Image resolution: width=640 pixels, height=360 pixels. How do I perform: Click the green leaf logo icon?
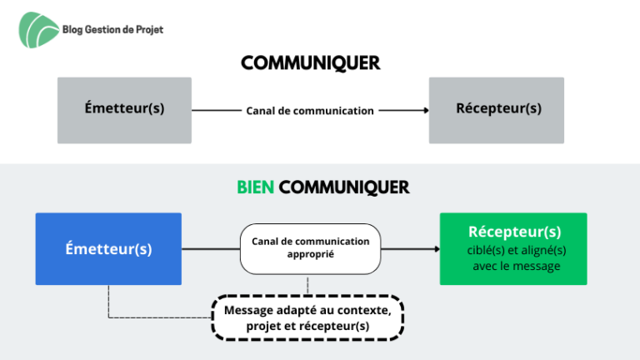tap(38, 30)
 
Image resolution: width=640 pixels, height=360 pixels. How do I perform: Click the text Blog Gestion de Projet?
tap(112, 29)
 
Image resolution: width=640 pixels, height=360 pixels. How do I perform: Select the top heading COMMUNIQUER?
tap(311, 63)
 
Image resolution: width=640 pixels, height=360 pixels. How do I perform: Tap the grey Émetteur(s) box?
tap(124, 110)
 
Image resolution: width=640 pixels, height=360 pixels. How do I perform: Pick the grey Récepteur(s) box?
tap(497, 110)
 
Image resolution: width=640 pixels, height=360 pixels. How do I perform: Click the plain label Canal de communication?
tap(310, 111)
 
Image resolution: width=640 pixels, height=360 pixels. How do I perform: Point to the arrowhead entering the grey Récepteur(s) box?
tap(426, 110)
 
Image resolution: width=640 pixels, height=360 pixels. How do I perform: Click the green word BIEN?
tap(256, 187)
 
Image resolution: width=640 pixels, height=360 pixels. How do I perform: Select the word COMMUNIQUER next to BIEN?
tap(344, 187)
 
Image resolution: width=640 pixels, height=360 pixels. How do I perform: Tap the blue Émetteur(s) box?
tap(108, 248)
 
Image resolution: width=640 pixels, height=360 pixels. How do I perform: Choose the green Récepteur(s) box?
tap(513, 248)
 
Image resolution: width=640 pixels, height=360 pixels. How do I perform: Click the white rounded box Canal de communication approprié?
tap(311, 248)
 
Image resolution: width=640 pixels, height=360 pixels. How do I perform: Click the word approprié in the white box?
tap(311, 254)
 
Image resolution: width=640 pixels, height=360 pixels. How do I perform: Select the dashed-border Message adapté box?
tap(307, 317)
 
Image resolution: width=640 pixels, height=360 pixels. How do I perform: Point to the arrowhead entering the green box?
tap(437, 248)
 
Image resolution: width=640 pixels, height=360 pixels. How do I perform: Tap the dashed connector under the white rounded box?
tap(307, 284)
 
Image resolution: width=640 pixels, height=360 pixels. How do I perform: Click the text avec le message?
tap(517, 266)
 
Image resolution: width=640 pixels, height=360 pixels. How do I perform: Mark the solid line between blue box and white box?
tap(211, 248)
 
